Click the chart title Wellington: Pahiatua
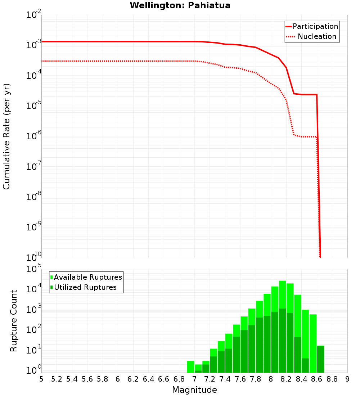pos(180,5)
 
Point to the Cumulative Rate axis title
pos(6,136)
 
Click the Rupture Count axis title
pos(14,321)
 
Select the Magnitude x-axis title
pos(194,390)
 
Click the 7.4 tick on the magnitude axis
pos(225,379)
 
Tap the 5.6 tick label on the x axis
pos(87,379)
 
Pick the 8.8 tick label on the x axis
pos(332,379)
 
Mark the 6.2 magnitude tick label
pos(133,379)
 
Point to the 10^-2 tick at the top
pos(34,15)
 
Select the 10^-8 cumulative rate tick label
pos(34,197)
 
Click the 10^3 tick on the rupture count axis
pos(34,309)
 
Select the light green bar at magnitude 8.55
pos(313,342)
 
